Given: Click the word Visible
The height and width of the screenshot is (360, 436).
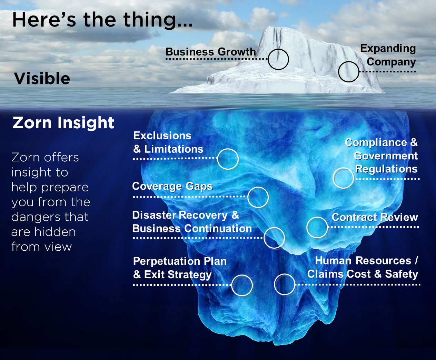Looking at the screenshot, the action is [x=42, y=79].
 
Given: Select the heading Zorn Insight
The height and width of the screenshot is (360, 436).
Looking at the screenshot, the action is [x=63, y=123].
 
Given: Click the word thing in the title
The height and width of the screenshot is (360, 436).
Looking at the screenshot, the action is [x=150, y=20].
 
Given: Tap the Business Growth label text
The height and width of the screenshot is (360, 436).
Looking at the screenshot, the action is [x=211, y=52].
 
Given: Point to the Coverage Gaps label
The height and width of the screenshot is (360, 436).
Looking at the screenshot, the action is [x=172, y=186].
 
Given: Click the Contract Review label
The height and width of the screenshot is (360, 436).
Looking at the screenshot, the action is [x=375, y=217].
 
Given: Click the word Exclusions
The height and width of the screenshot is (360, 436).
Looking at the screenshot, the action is [x=162, y=136].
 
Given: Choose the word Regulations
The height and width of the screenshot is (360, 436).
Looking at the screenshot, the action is [x=386, y=169].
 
